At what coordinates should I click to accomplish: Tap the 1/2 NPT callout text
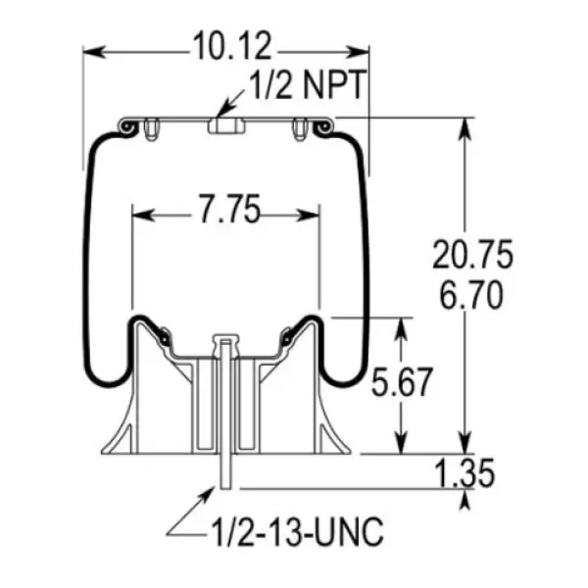[307, 85]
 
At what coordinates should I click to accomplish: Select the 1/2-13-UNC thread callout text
[294, 534]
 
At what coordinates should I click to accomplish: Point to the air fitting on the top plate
[224, 126]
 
